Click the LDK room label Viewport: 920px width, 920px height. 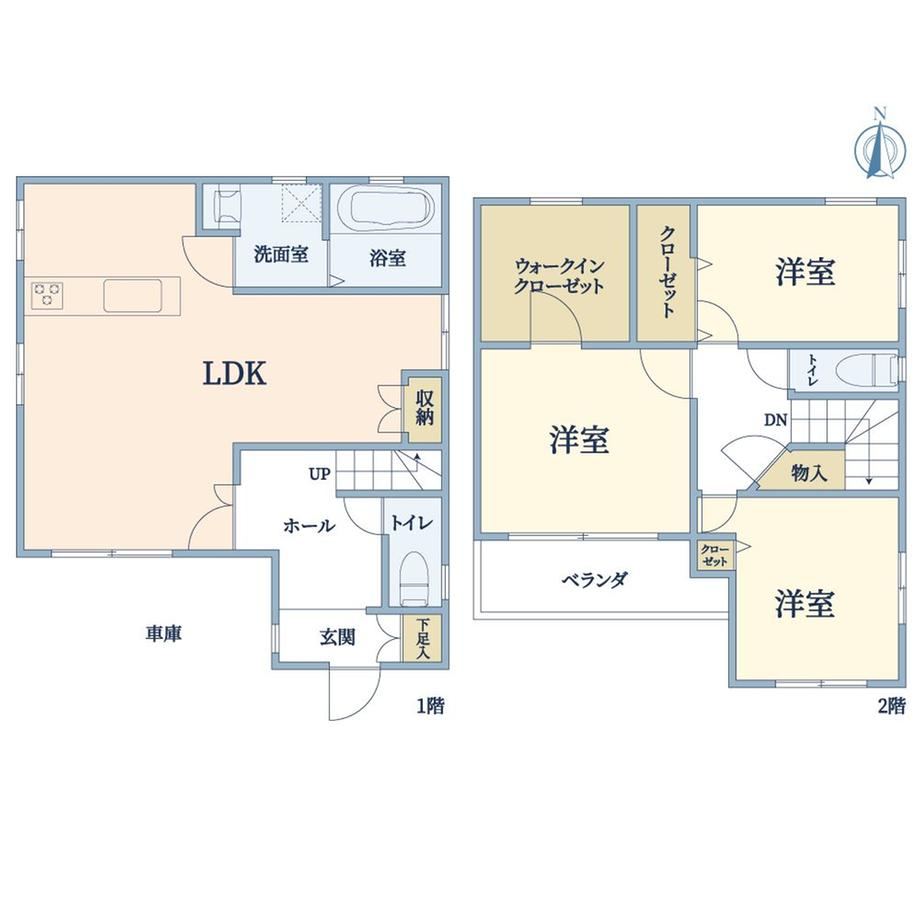pyautogui.click(x=235, y=373)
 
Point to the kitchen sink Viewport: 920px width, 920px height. pyautogui.click(x=133, y=295)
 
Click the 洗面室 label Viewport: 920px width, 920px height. pyautogui.click(x=281, y=254)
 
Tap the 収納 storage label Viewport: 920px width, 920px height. pyautogui.click(x=425, y=408)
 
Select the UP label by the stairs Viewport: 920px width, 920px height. pyautogui.click(x=320, y=473)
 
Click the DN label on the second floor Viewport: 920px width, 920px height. pyautogui.click(x=776, y=420)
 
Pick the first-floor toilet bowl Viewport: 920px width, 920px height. pyautogui.click(x=415, y=579)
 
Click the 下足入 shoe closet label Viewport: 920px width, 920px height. pyautogui.click(x=423, y=638)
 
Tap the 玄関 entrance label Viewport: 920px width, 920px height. pyautogui.click(x=337, y=637)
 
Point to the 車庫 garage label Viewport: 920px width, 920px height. pyautogui.click(x=164, y=634)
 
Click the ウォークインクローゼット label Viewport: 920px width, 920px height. pyautogui.click(x=559, y=276)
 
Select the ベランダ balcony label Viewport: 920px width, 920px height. pyautogui.click(x=595, y=580)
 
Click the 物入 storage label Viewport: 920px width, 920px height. pyautogui.click(x=809, y=472)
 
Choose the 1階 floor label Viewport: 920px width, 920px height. pyautogui.click(x=431, y=706)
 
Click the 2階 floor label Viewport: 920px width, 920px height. pyautogui.click(x=892, y=706)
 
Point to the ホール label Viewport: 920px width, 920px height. pyautogui.click(x=309, y=526)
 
